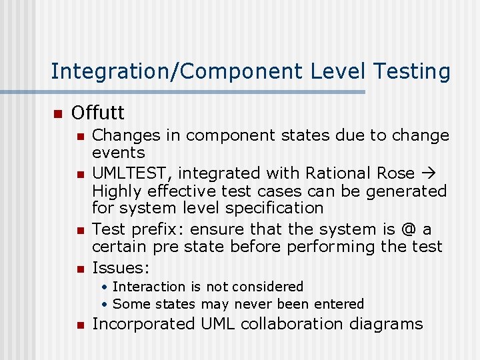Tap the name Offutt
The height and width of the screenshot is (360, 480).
[x=98, y=112]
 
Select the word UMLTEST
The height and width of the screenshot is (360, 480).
[x=131, y=173]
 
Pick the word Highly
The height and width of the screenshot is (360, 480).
[x=116, y=191]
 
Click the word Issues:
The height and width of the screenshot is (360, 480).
[x=121, y=268]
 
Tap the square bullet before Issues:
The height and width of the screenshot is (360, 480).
[x=79, y=269]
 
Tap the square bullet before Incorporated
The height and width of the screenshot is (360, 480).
[x=79, y=325]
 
